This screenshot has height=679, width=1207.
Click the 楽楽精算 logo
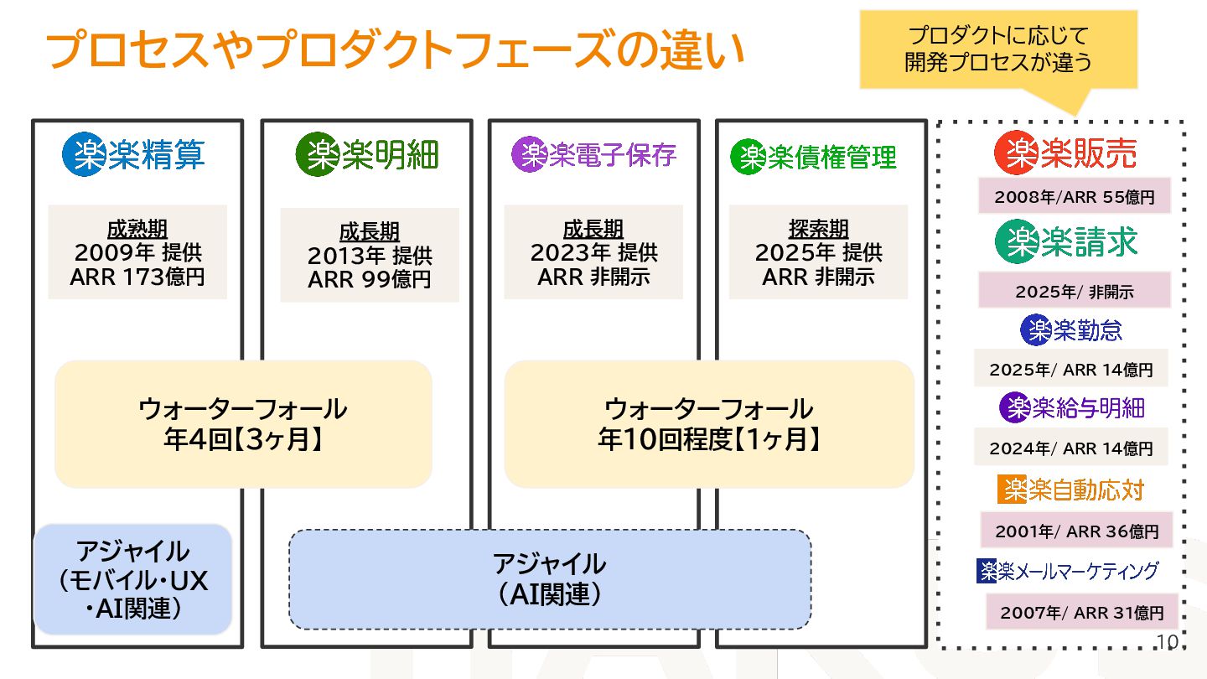(x=134, y=154)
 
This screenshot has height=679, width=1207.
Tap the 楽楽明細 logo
(x=367, y=154)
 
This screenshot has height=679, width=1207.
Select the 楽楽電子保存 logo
(x=593, y=154)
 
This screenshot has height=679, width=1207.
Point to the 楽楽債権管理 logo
(x=813, y=157)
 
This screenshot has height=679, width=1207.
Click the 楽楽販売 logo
(x=1065, y=153)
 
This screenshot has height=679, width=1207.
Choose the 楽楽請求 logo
(x=1066, y=241)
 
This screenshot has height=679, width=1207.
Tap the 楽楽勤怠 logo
(x=1070, y=330)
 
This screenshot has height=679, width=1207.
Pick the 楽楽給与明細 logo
(x=1071, y=407)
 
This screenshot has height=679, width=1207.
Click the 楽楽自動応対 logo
(x=1070, y=489)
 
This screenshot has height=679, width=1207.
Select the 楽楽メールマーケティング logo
(x=1067, y=571)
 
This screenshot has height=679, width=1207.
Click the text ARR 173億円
(x=137, y=277)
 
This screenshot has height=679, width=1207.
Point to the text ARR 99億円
(x=370, y=279)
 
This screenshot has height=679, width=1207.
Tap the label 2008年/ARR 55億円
(x=1075, y=198)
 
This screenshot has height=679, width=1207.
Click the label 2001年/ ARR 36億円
(x=1076, y=531)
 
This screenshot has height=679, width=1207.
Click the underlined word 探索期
(x=818, y=229)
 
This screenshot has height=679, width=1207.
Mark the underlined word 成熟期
(x=137, y=229)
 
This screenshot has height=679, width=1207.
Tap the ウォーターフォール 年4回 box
(x=243, y=424)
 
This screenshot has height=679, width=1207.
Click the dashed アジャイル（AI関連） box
(x=550, y=578)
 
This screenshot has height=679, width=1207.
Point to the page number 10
(x=1167, y=642)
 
